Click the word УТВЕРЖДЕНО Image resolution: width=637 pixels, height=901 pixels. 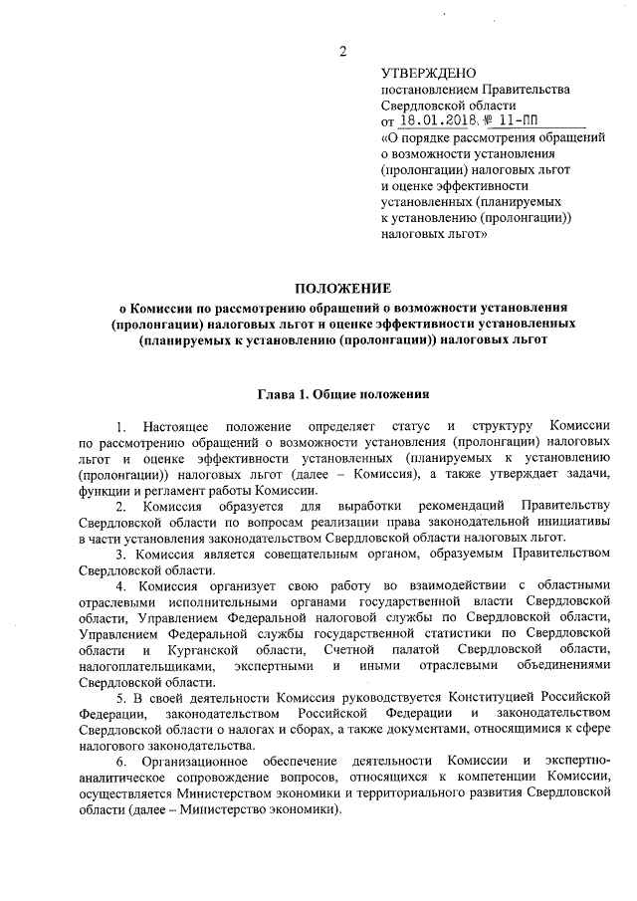429,74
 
